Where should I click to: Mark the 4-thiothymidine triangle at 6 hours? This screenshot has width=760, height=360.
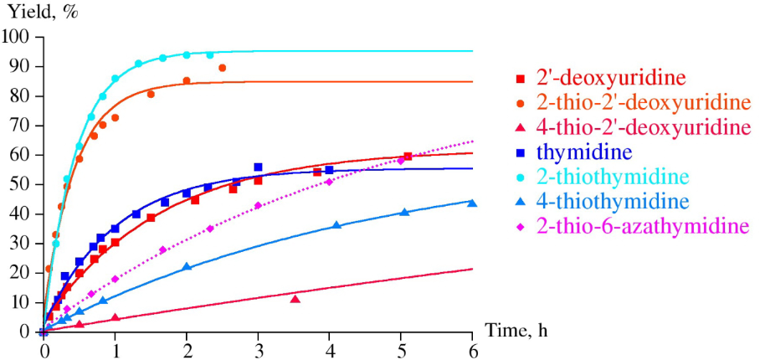tap(472, 203)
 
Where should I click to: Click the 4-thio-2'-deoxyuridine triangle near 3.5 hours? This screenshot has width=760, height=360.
tap(295, 299)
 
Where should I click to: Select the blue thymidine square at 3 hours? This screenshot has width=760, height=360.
tap(258, 167)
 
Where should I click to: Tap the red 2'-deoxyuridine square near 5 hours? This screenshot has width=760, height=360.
tap(408, 157)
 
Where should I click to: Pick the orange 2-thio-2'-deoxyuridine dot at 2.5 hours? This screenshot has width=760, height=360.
tap(222, 68)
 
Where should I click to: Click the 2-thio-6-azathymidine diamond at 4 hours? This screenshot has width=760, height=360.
tap(329, 182)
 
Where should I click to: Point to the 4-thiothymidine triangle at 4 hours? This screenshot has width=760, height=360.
tap(336, 225)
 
